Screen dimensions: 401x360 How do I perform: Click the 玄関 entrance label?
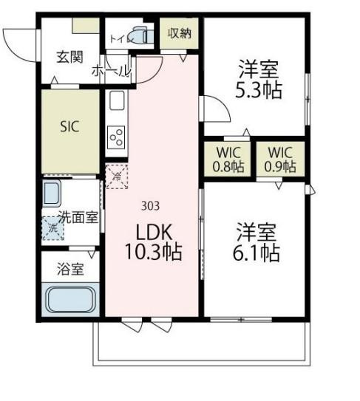pos(70,56)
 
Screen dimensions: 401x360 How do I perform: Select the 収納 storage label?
pos(179,32)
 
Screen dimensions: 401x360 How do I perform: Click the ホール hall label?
pos(111,72)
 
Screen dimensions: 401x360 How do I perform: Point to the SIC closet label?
pos(69,125)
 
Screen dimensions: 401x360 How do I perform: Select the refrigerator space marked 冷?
pos(116,176)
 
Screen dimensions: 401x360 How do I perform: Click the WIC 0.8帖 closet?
pos(228,160)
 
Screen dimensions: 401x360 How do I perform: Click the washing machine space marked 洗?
pos(52,227)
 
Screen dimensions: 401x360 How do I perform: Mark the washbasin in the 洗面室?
pos(53,195)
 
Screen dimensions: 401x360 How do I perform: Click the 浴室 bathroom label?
pos(70,269)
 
